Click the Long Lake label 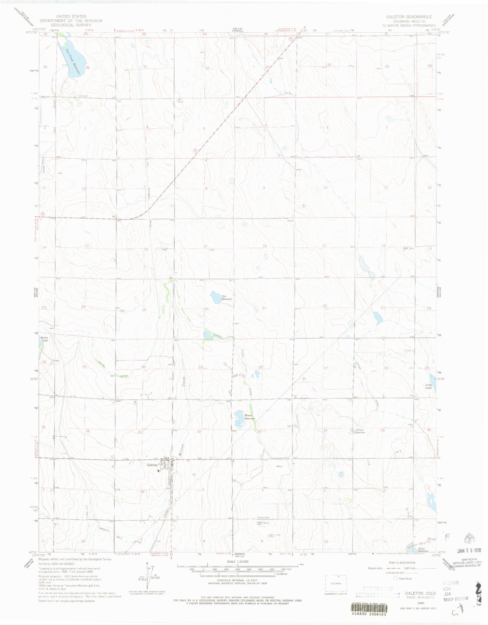pyautogui.click(x=428, y=386)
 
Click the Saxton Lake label pyautogui.click(x=44, y=338)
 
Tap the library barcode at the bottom pyautogui.click(x=370, y=614)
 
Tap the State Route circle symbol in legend pyautogui.click(x=395, y=578)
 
